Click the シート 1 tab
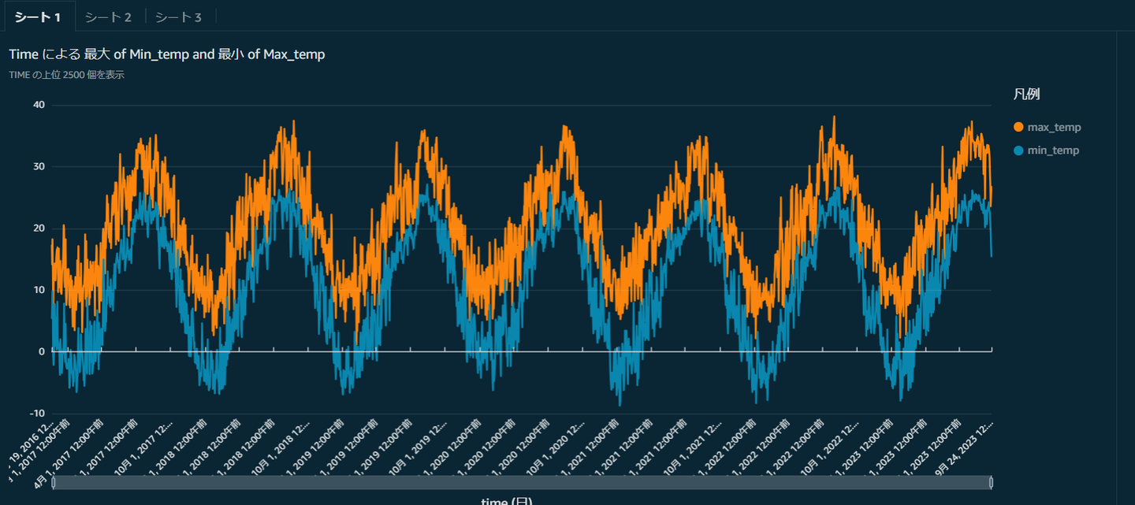click(x=38, y=17)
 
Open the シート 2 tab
click(x=108, y=17)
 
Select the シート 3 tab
click(x=178, y=17)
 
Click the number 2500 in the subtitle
click(x=75, y=76)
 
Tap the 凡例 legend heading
click(x=1026, y=95)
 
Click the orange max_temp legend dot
click(x=1018, y=127)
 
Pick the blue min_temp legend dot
click(x=1018, y=150)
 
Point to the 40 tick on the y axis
click(x=39, y=105)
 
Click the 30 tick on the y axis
click(x=39, y=166)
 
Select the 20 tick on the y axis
click(x=39, y=228)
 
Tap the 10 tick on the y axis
click(x=39, y=290)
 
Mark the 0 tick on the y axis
click(x=42, y=351)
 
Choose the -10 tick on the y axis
click(x=37, y=414)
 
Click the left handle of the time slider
click(x=54, y=482)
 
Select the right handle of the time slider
click(x=991, y=482)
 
